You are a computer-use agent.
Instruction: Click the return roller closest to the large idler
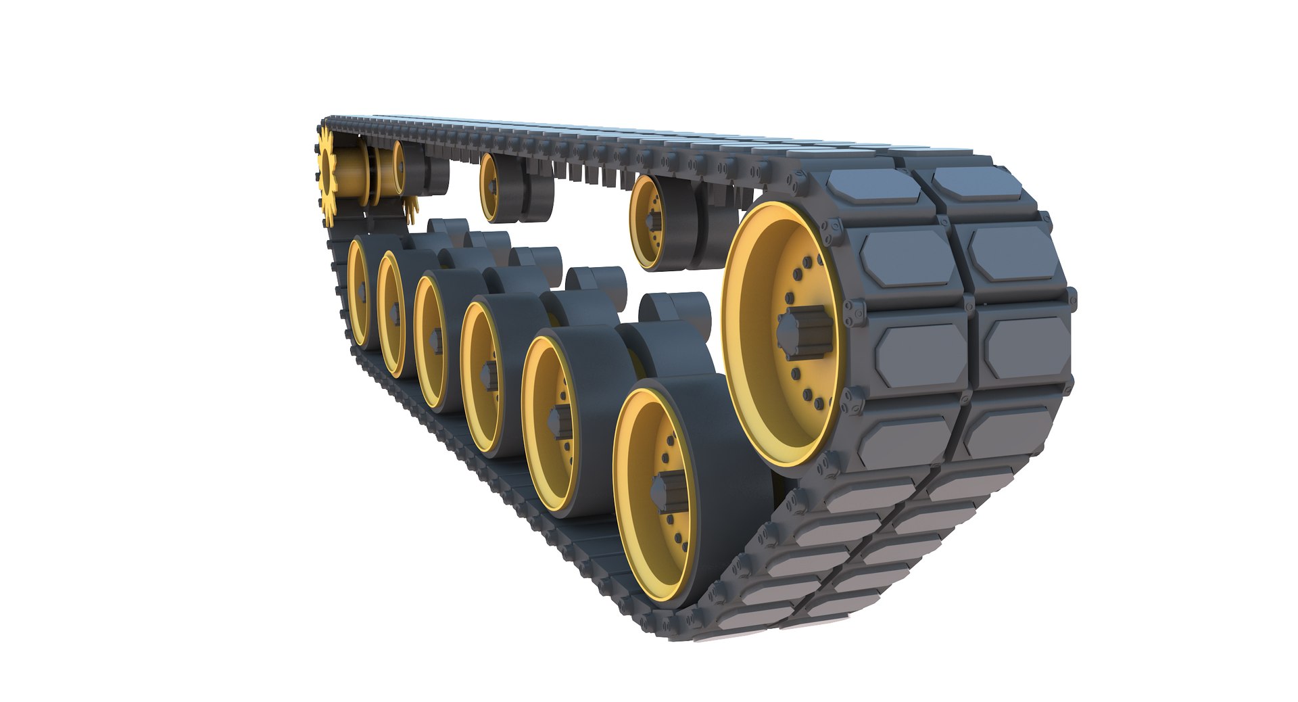pyautogui.click(x=652, y=223)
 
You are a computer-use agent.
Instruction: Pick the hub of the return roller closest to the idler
pyautogui.click(x=653, y=223)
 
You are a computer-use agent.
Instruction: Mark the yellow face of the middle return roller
pyautogui.click(x=491, y=187)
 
